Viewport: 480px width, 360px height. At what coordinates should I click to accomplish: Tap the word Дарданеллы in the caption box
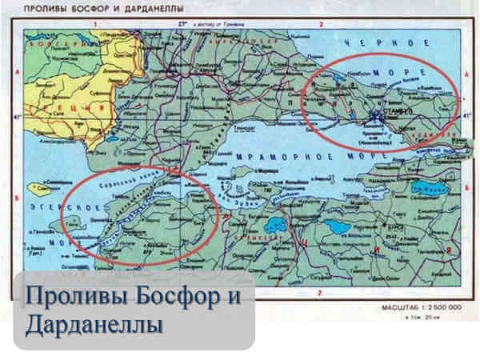click(93, 326)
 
